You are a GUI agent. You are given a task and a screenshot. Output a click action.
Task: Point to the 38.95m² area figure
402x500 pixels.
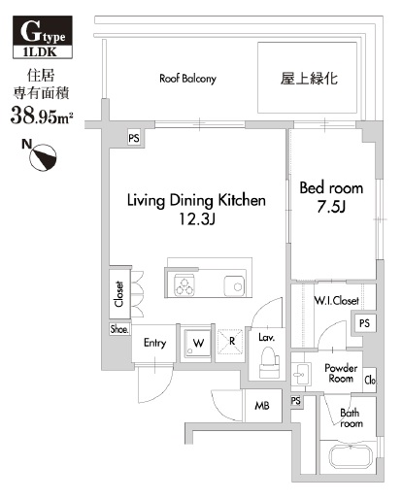(x=43, y=117)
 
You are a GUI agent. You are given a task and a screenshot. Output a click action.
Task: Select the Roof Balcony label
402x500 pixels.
(x=187, y=79)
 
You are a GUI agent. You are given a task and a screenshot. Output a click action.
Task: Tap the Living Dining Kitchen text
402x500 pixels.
(x=196, y=200)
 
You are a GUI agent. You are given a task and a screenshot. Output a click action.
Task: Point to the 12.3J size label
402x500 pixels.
(x=196, y=220)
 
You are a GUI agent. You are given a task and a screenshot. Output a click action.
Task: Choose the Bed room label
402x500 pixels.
(x=331, y=186)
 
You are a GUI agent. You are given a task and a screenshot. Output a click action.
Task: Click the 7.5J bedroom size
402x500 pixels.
(x=332, y=207)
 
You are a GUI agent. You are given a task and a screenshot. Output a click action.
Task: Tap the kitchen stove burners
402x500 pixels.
(x=185, y=283)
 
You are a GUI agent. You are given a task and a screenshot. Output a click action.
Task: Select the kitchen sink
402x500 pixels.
(x=234, y=284)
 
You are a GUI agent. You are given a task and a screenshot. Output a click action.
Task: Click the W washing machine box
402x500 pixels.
(x=198, y=342)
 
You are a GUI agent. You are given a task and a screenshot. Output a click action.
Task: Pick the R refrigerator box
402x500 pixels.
(x=232, y=342)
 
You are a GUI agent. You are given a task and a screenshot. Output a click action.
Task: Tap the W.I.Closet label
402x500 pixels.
(x=335, y=300)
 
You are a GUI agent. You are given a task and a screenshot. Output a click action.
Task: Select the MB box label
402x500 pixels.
(x=262, y=405)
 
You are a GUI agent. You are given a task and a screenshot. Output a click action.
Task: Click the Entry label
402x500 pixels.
(x=155, y=343)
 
